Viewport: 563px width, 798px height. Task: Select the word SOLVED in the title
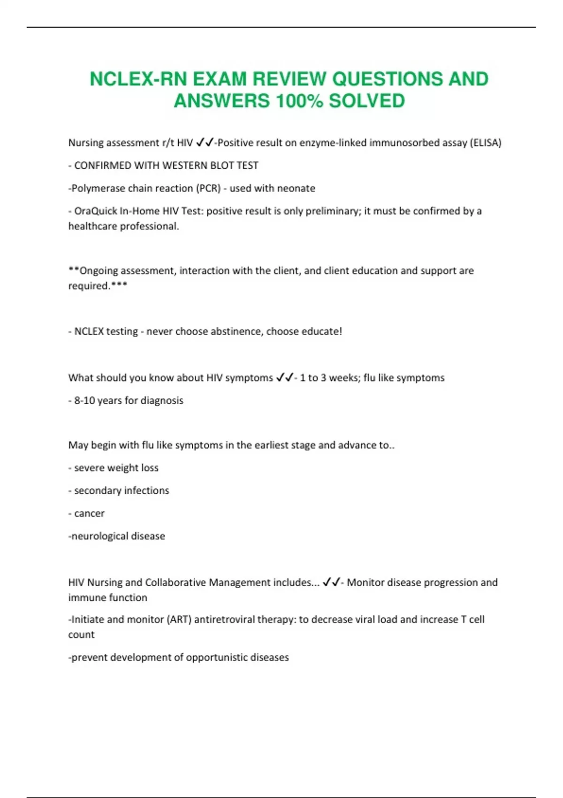coord(366,101)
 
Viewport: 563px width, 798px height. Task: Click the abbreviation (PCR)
coord(208,188)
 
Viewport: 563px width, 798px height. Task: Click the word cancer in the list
coord(89,514)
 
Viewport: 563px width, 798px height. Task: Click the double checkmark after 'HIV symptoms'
coord(284,377)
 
